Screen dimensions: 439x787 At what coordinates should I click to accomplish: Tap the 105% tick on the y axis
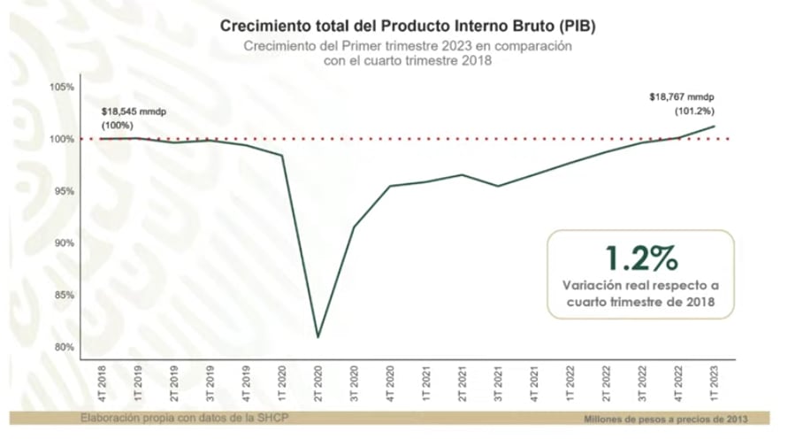pyautogui.click(x=63, y=87)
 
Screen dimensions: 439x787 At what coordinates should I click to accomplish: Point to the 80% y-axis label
pyautogui.click(x=64, y=347)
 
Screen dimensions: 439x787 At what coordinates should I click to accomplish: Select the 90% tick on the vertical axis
pyautogui.click(x=64, y=243)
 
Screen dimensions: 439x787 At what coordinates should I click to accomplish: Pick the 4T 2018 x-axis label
pyautogui.click(x=101, y=381)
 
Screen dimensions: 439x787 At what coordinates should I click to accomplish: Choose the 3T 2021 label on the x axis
pyautogui.click(x=498, y=381)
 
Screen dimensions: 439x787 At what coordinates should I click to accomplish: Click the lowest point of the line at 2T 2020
pyautogui.click(x=317, y=337)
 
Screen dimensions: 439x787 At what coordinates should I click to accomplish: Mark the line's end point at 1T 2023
pyautogui.click(x=714, y=126)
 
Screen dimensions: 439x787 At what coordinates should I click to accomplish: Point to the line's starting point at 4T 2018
pyautogui.click(x=101, y=138)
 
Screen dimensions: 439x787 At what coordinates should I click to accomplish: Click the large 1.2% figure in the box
pyautogui.click(x=641, y=258)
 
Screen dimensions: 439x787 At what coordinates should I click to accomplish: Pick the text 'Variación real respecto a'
pyautogui.click(x=641, y=285)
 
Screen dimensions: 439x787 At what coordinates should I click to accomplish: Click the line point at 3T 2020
pyautogui.click(x=354, y=227)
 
